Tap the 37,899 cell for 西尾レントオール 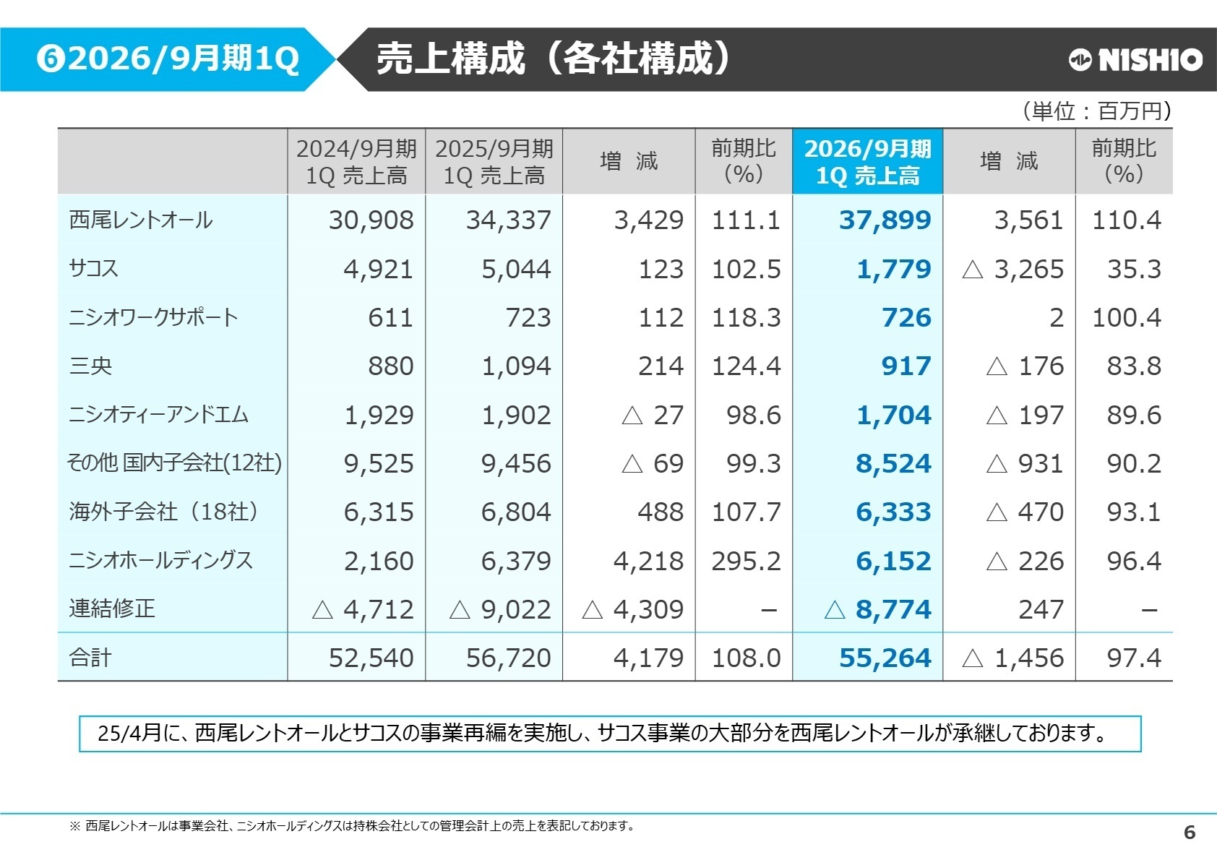(x=885, y=220)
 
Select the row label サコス (x=93, y=269)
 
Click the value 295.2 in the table (x=746, y=561)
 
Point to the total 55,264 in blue (x=885, y=658)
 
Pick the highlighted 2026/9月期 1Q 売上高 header (x=867, y=162)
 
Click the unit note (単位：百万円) (x=1096, y=111)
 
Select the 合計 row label (x=90, y=658)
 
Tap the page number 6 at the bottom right (x=1190, y=833)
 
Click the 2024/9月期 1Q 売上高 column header (x=356, y=162)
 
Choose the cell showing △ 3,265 (x=1013, y=269)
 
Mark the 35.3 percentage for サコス (x=1133, y=269)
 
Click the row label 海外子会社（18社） (x=164, y=512)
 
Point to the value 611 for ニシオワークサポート (x=390, y=317)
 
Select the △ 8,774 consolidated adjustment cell (x=878, y=609)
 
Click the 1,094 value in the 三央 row (x=516, y=366)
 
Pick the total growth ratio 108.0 (x=746, y=658)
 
